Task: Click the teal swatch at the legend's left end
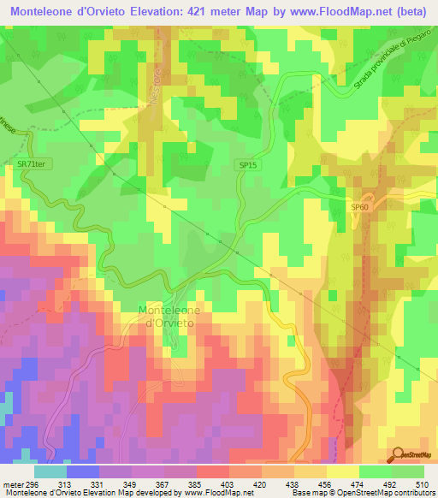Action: pyautogui.click(x=50, y=471)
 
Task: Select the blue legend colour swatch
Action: pyautogui.click(x=83, y=471)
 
